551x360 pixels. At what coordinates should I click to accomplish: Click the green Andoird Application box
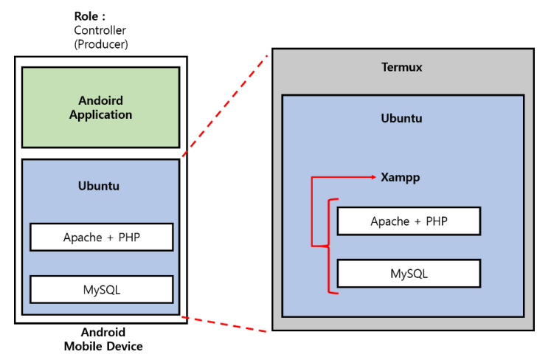[100, 108]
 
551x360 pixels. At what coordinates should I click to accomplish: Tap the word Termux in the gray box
[402, 68]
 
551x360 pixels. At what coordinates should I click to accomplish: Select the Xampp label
[401, 178]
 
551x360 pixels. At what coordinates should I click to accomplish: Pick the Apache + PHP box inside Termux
[409, 221]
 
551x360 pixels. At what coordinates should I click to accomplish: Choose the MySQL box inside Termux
[409, 274]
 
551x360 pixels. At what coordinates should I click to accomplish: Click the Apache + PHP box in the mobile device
[102, 238]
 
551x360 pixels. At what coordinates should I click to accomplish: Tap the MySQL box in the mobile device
[102, 289]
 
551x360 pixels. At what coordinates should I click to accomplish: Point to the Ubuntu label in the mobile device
[99, 186]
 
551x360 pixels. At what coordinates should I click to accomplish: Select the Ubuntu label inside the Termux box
[402, 118]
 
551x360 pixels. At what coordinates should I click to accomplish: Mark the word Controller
[100, 30]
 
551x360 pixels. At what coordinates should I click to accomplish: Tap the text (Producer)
[100, 44]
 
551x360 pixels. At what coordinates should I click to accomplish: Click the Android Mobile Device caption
[103, 339]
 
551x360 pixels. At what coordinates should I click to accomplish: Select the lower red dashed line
[225, 325]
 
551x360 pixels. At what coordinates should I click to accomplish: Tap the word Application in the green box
[100, 115]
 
